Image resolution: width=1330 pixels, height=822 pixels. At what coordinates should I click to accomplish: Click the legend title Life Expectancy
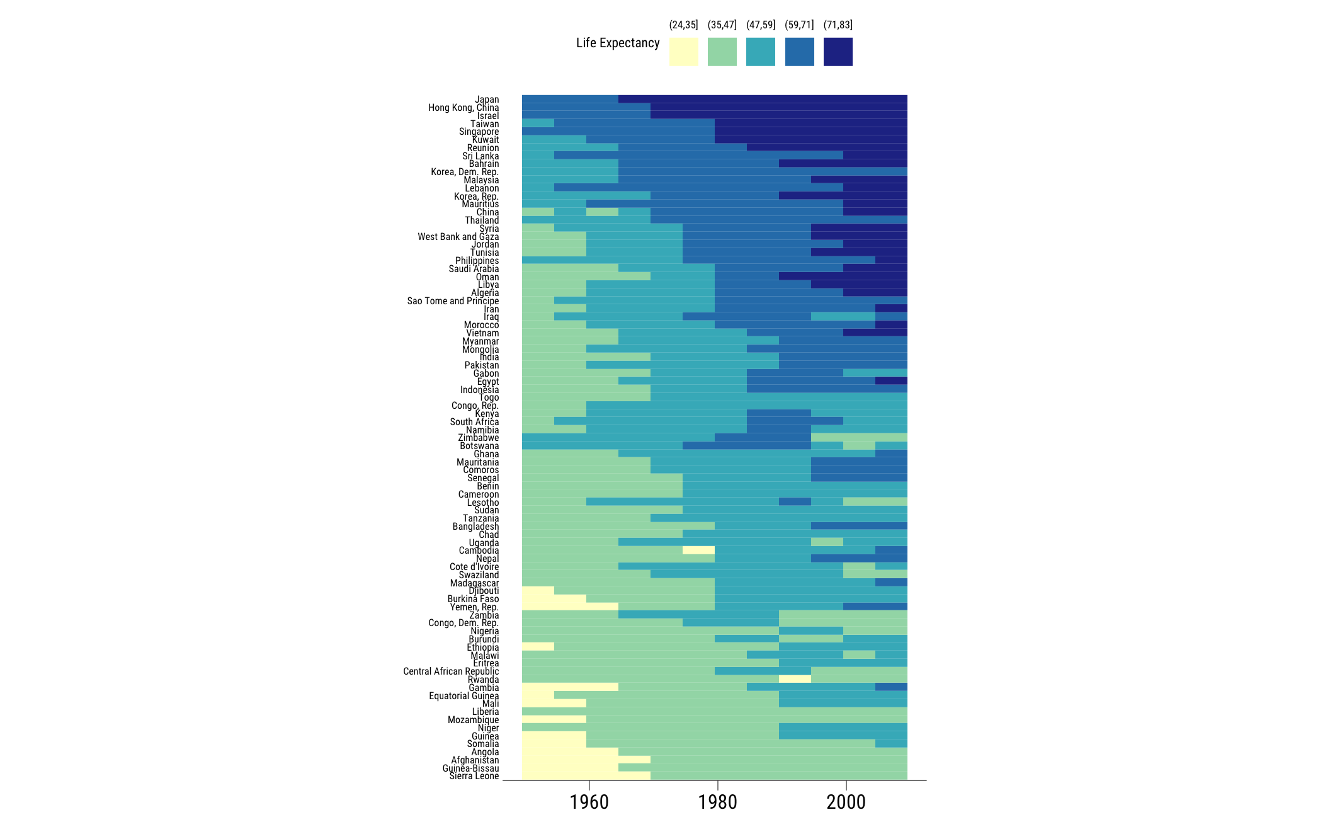tap(617, 43)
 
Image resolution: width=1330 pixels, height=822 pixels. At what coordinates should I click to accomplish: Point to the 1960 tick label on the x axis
tap(589, 802)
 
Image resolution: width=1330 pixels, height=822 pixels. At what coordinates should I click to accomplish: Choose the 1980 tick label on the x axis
tap(717, 802)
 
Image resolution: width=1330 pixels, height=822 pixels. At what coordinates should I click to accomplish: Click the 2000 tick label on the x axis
tap(846, 802)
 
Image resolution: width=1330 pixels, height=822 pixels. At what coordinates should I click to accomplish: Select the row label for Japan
tap(487, 100)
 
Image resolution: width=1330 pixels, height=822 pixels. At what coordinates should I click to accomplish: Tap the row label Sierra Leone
tap(474, 776)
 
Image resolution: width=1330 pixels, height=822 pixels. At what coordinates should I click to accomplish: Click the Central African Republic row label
tap(451, 671)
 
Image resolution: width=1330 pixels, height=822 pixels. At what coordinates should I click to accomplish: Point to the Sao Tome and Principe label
tap(453, 301)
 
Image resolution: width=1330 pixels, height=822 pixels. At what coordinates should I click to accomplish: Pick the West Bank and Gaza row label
tap(458, 237)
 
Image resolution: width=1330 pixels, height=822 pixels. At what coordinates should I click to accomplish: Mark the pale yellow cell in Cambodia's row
tap(698, 550)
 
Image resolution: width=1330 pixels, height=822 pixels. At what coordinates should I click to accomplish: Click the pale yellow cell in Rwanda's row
tap(795, 679)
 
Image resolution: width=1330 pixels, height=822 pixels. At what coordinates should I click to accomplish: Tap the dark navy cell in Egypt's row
tap(891, 380)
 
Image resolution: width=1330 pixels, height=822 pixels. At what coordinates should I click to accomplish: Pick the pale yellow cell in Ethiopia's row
tap(538, 646)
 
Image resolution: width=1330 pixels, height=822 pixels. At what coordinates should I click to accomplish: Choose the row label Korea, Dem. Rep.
tap(465, 172)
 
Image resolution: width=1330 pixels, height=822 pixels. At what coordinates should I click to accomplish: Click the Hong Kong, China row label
tap(463, 108)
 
